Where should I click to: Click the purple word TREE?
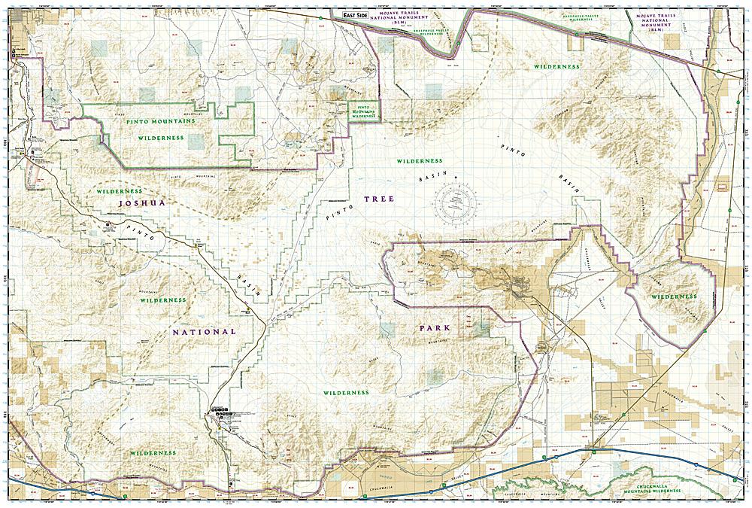378,199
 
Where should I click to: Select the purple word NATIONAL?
204,331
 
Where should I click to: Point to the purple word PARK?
435,329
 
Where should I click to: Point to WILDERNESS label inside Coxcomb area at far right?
674,297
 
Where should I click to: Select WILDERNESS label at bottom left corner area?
152,453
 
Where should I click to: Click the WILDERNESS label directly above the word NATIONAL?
162,300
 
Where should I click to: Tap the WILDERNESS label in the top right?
556,66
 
